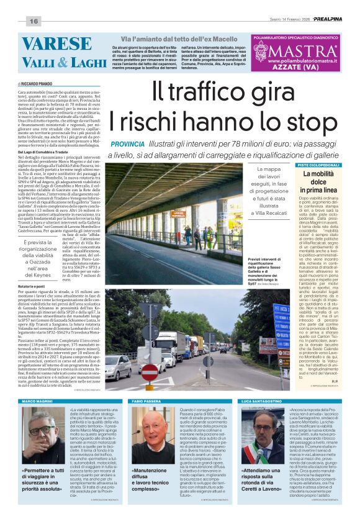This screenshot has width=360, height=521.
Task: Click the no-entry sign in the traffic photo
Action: (x=149, y=371)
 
